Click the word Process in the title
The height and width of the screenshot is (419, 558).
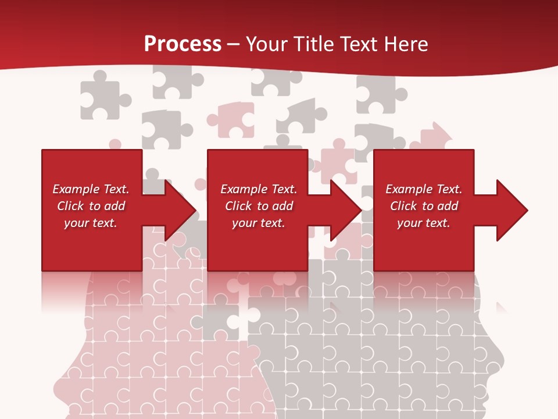pos(183,44)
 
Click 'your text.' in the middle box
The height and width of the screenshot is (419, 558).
pos(258,223)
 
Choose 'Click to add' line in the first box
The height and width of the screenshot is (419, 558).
pos(91,206)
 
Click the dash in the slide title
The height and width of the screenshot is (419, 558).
pos(234,44)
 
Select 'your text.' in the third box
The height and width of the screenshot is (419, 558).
pos(423,223)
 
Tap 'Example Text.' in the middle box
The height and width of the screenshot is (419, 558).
pos(259,189)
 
